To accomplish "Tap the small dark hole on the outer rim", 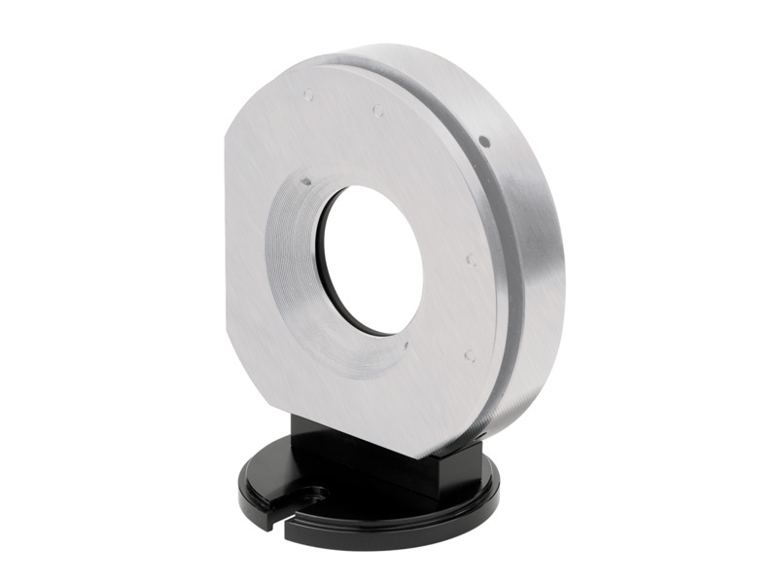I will coord(484,143).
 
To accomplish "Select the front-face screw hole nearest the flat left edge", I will coord(308,95).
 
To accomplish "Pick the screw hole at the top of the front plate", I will coord(378,111).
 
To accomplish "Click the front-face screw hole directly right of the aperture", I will coord(470,260).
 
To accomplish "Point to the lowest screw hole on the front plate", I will coord(469,355).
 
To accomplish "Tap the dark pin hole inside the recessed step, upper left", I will coord(305,181).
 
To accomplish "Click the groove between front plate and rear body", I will coord(507,243).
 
